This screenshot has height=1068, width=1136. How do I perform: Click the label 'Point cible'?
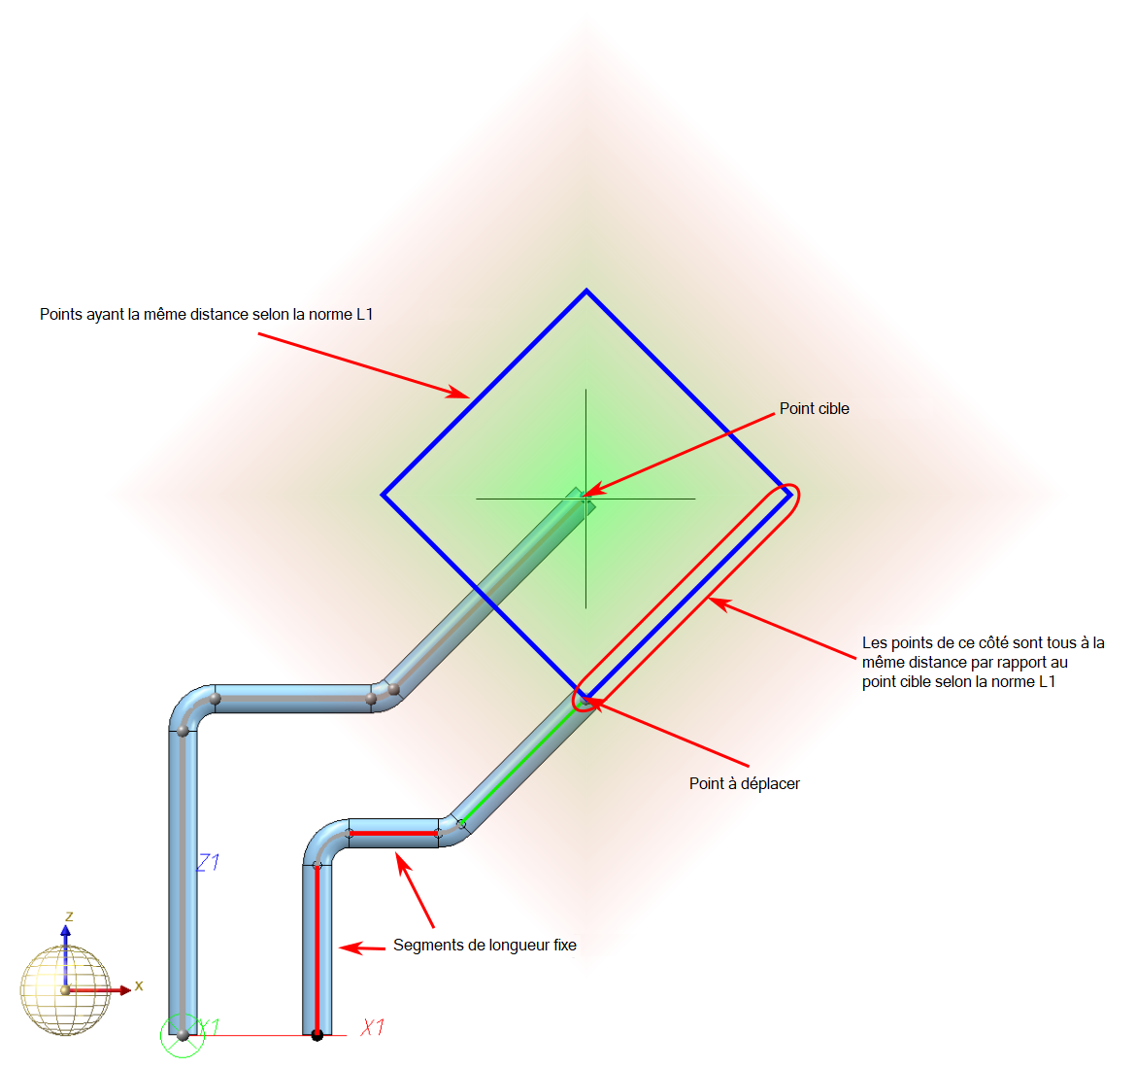click(814, 409)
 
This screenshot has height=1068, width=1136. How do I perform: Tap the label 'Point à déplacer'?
click(744, 784)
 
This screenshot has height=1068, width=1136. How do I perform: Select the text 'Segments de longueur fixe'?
click(484, 946)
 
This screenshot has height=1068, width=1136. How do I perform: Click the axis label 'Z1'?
click(208, 862)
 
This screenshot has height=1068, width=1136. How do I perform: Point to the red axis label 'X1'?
click(373, 1027)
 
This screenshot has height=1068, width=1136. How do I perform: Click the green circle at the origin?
click(183, 1036)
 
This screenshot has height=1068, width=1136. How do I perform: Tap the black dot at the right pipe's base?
click(317, 1036)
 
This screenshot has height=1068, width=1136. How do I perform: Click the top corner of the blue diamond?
click(586, 291)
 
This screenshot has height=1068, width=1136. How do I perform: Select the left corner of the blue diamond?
click(384, 495)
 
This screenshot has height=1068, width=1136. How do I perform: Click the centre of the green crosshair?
click(585, 499)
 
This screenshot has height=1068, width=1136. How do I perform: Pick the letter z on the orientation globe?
click(69, 916)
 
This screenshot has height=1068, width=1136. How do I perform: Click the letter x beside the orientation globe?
click(139, 985)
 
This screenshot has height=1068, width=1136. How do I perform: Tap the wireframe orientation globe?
click(65, 990)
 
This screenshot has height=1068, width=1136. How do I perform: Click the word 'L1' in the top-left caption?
click(363, 315)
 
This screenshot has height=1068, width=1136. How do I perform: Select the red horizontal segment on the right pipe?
click(393, 834)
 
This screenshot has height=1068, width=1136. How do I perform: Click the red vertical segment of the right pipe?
click(317, 947)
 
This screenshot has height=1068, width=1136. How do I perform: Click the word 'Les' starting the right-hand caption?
click(874, 643)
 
